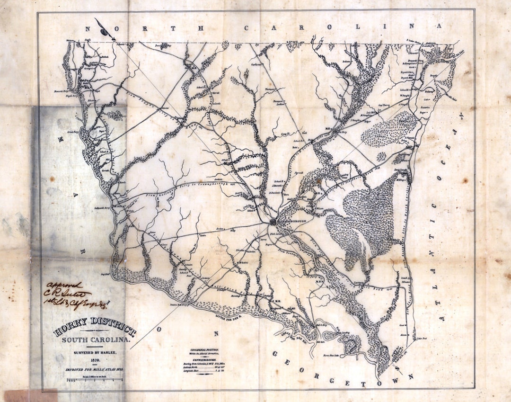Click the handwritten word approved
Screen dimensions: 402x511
coord(63,285)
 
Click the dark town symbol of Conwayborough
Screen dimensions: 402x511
coord(273,221)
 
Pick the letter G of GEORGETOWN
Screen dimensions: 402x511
coord(274,354)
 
